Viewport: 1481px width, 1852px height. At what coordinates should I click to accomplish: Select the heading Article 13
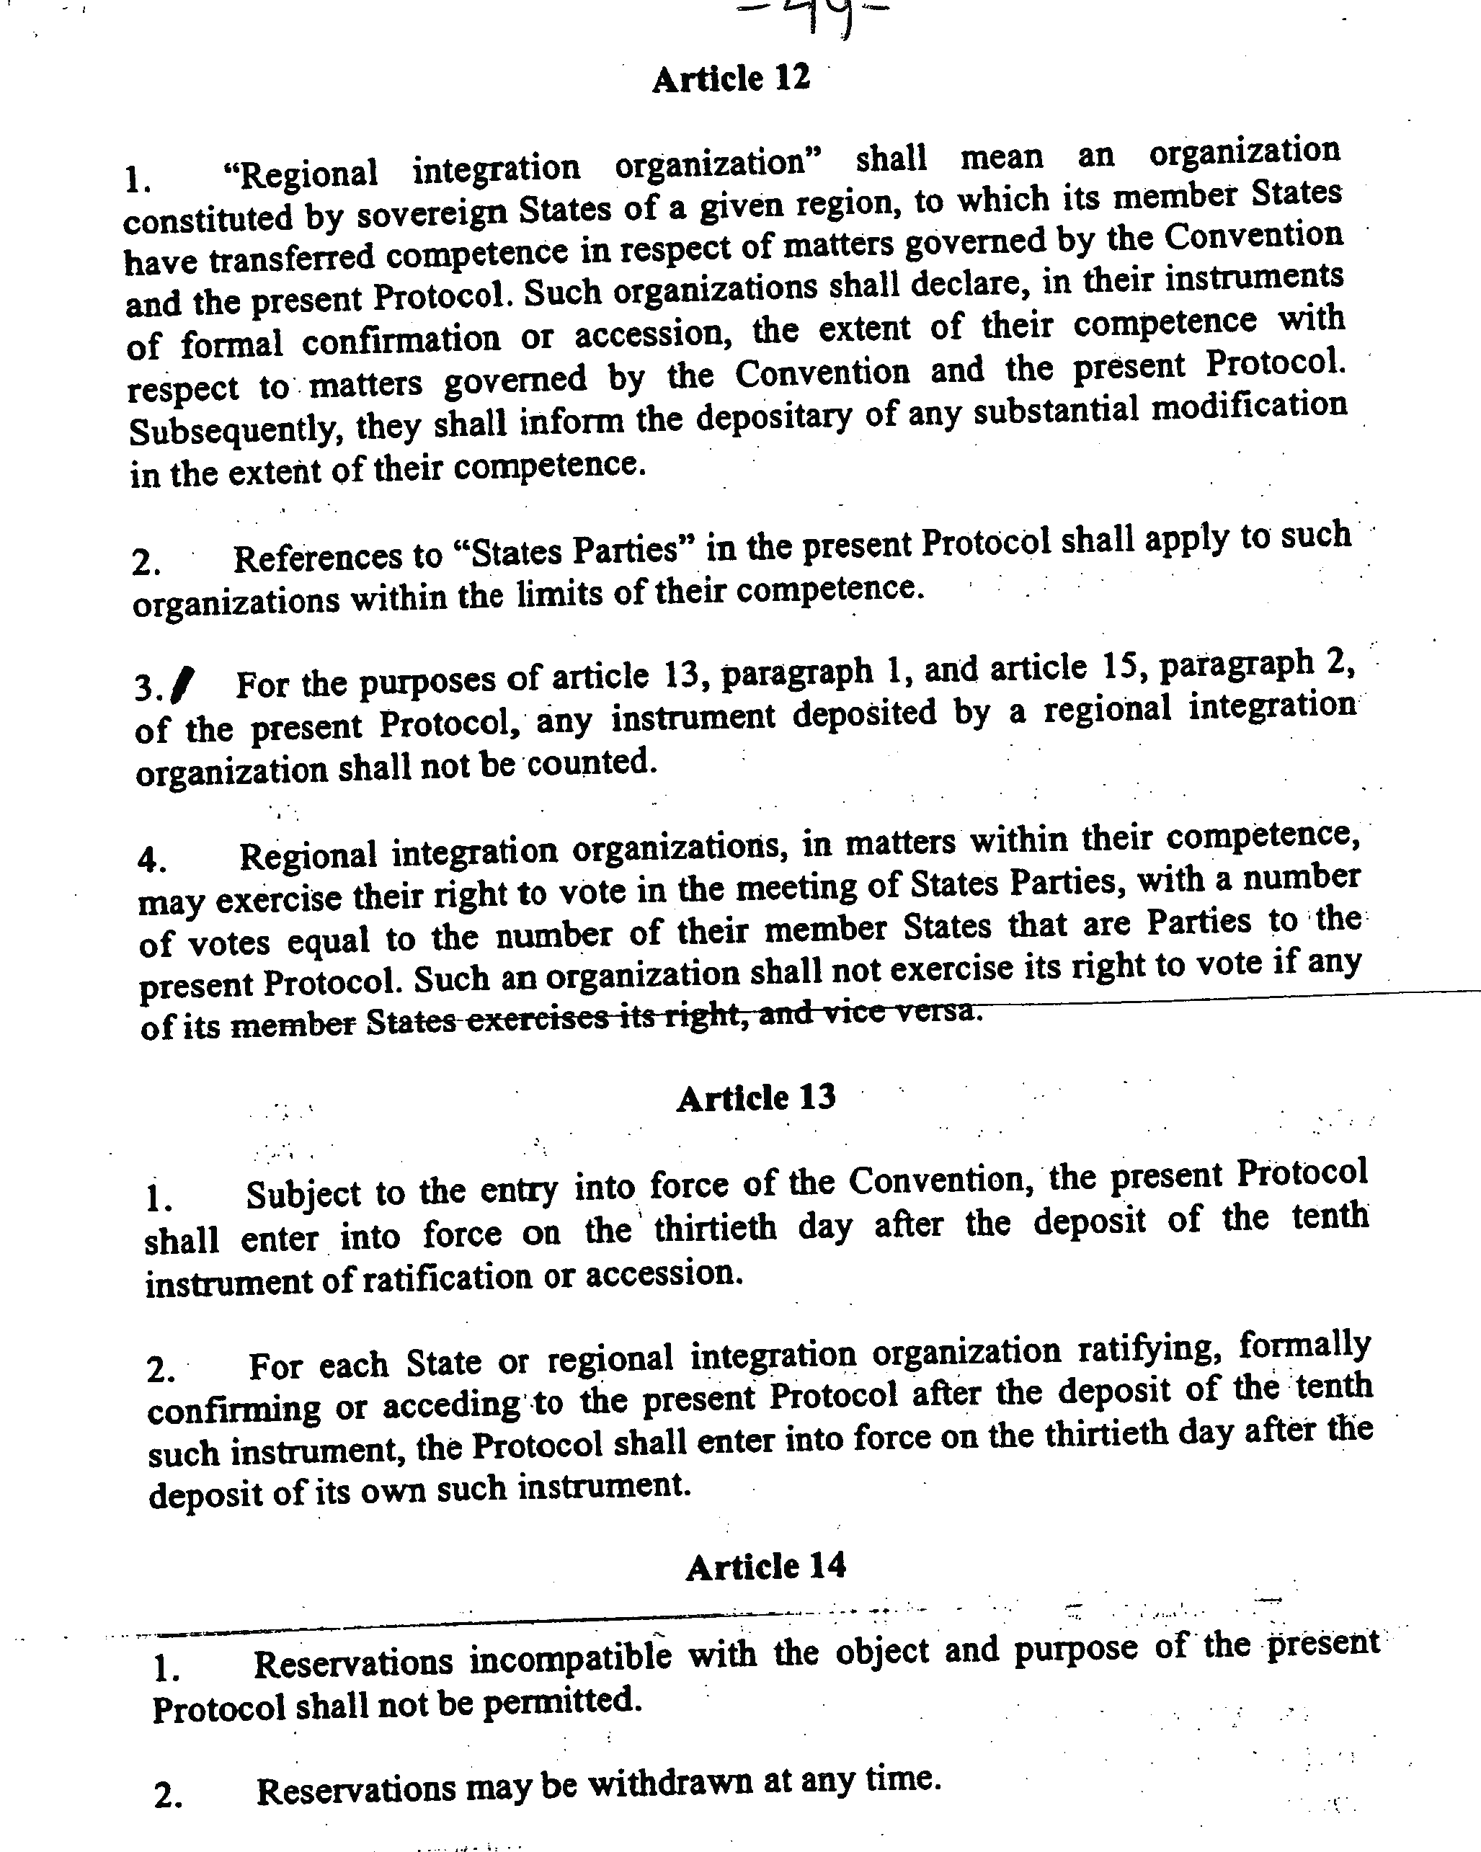tap(756, 1098)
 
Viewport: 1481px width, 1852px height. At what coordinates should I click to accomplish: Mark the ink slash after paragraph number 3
tap(184, 684)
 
